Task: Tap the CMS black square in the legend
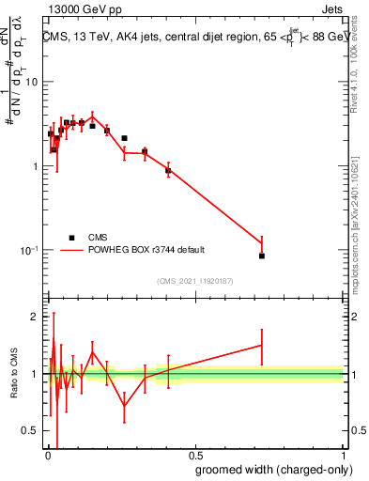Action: pos(71,238)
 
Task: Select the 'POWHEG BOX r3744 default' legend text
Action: pos(146,250)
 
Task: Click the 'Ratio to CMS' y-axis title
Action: pos(15,374)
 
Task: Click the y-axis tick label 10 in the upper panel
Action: pos(31,82)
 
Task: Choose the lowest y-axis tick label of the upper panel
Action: pos(29,250)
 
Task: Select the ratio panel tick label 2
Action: pos(36,317)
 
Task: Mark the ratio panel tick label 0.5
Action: pos(31,430)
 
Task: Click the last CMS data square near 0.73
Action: pos(262,256)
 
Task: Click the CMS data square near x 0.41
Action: pos(168,171)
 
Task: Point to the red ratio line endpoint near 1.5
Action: pos(262,346)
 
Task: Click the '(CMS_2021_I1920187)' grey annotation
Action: pos(194,280)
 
